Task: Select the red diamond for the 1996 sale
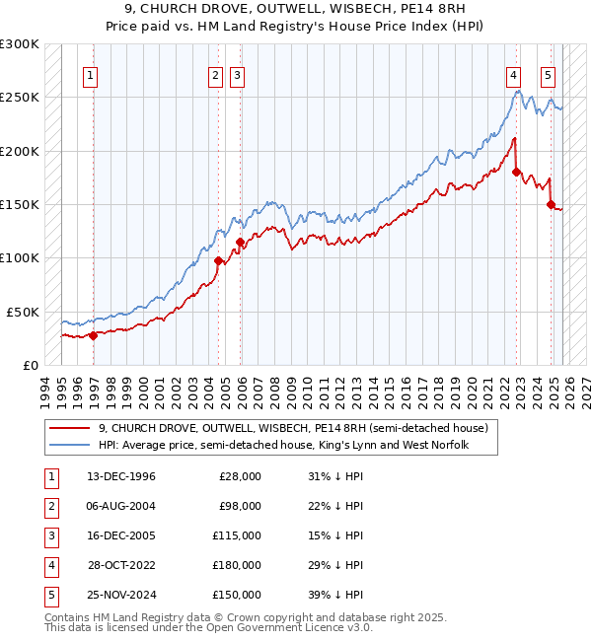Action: pos(93,335)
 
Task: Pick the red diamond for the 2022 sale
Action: pos(517,172)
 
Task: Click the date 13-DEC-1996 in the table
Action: pos(121,476)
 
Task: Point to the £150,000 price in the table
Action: pos(237,595)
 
